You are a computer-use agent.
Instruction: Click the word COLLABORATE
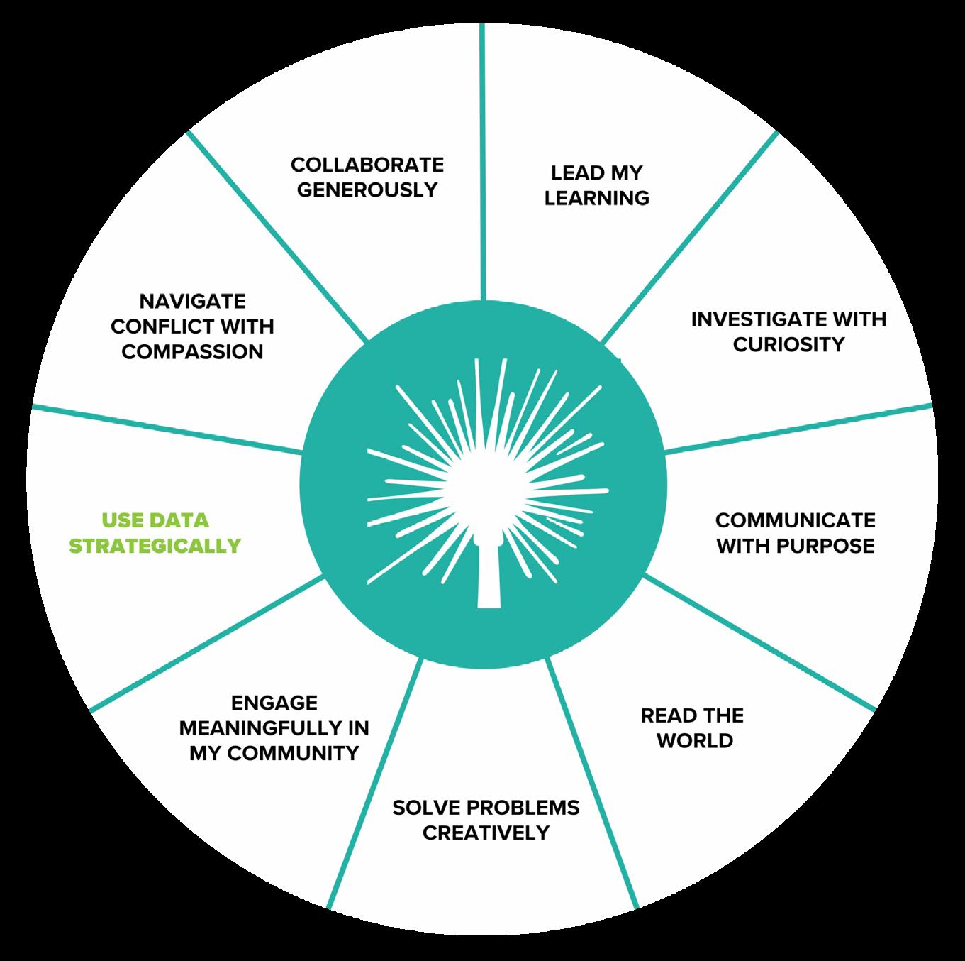[x=367, y=165]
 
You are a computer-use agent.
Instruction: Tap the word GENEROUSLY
[x=367, y=190]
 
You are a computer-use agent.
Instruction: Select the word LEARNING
[x=596, y=198]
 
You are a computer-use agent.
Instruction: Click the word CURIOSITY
[x=788, y=345]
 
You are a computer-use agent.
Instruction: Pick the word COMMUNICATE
[x=795, y=520]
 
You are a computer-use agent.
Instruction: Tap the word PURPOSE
[x=830, y=546]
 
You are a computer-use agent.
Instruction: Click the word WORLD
[x=694, y=741]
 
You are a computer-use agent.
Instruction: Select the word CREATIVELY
[x=486, y=833]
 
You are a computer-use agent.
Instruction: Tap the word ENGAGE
[x=274, y=703]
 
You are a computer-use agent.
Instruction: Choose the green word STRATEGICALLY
[x=155, y=546]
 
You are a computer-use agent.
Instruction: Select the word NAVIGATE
[x=192, y=301]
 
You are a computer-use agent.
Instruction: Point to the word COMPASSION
[x=192, y=352]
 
